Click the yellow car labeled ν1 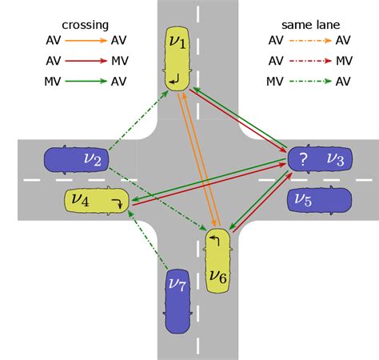(178, 58)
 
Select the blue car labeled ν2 (76, 160)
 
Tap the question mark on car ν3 (303, 160)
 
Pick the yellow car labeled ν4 (97, 201)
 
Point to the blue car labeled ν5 (319, 200)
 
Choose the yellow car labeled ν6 (217, 261)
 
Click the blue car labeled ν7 (178, 302)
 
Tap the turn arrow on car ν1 (174, 79)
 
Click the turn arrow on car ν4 (117, 203)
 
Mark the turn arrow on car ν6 (214, 241)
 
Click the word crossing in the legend (86, 25)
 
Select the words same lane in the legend (311, 25)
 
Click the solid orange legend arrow (86, 41)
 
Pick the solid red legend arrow (86, 61)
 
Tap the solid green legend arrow (86, 81)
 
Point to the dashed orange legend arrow (310, 41)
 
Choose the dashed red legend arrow (310, 61)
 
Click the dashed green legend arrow (310, 81)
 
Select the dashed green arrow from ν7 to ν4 (148, 240)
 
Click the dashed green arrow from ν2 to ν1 (138, 121)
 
